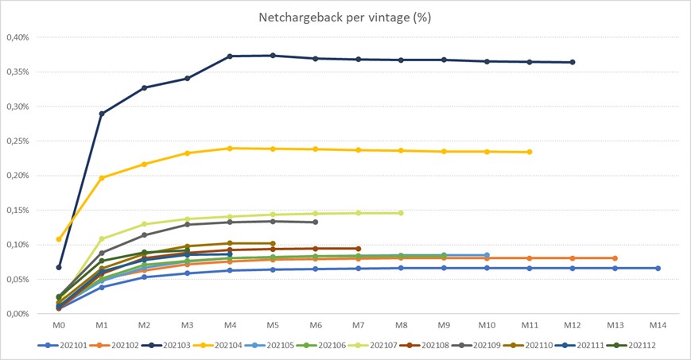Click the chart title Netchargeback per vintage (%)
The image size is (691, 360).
click(x=345, y=17)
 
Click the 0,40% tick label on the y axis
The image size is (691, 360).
click(x=17, y=37)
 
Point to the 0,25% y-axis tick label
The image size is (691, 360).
click(x=17, y=141)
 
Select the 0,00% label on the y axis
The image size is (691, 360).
click(x=17, y=314)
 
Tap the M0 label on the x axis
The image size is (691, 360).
click(x=59, y=325)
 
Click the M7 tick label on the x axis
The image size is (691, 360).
click(x=358, y=325)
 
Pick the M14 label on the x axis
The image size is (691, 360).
click(x=657, y=325)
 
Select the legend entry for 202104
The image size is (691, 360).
click(x=228, y=346)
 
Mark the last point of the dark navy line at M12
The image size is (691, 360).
click(x=573, y=62)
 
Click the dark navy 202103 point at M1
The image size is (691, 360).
click(x=102, y=114)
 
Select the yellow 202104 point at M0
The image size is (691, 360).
click(x=59, y=239)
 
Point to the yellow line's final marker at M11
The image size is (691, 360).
click(x=530, y=152)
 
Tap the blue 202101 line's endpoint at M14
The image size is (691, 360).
click(x=658, y=268)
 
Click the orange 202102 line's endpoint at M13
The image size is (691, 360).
click(x=615, y=258)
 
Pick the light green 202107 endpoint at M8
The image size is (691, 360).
click(x=401, y=213)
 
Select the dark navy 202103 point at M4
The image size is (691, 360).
click(x=230, y=56)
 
